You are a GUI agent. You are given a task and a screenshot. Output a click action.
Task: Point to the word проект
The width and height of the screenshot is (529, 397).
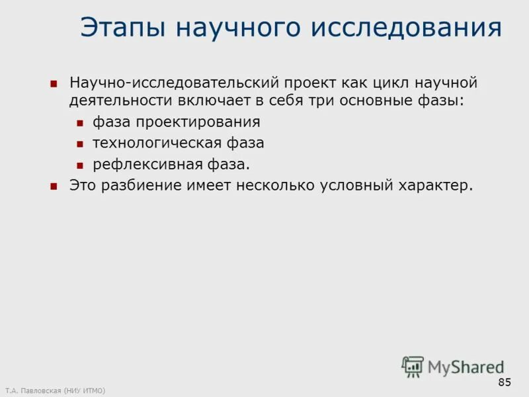[312, 84]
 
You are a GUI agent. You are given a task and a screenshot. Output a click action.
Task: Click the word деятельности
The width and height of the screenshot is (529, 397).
[120, 101]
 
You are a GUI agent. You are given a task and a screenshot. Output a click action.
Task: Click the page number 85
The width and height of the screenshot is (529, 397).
[505, 382]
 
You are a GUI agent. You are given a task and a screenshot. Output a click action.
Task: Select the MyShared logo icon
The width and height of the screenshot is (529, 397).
[413, 366]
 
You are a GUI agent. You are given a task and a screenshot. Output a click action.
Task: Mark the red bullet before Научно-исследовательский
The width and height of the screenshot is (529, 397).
[54, 85]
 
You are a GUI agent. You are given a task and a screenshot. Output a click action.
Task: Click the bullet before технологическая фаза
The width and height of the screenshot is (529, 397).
[79, 144]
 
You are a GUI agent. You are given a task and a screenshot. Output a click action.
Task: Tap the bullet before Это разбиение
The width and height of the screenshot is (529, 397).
[54, 186]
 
